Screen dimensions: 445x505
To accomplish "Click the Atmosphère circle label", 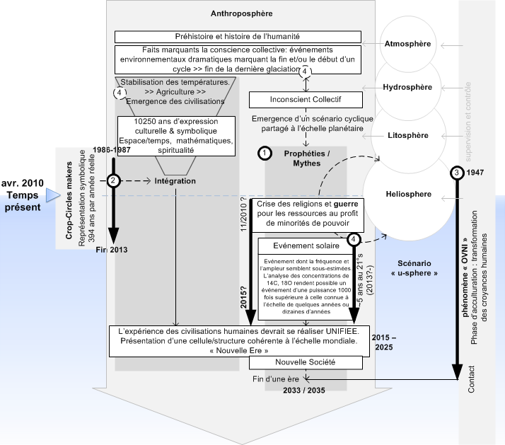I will (407, 44).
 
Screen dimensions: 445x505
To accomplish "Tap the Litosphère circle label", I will (407, 134).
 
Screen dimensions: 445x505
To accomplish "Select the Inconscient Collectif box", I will (306, 100).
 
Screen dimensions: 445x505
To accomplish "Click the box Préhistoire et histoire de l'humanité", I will (238, 37).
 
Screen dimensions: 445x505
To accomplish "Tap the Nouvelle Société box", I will (306, 362).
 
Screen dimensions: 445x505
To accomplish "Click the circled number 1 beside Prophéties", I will (264, 153).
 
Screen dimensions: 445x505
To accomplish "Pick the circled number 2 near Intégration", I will (112, 181).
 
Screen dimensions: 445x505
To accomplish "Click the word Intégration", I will (176, 182).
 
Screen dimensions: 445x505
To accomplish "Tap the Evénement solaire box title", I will (306, 245).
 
